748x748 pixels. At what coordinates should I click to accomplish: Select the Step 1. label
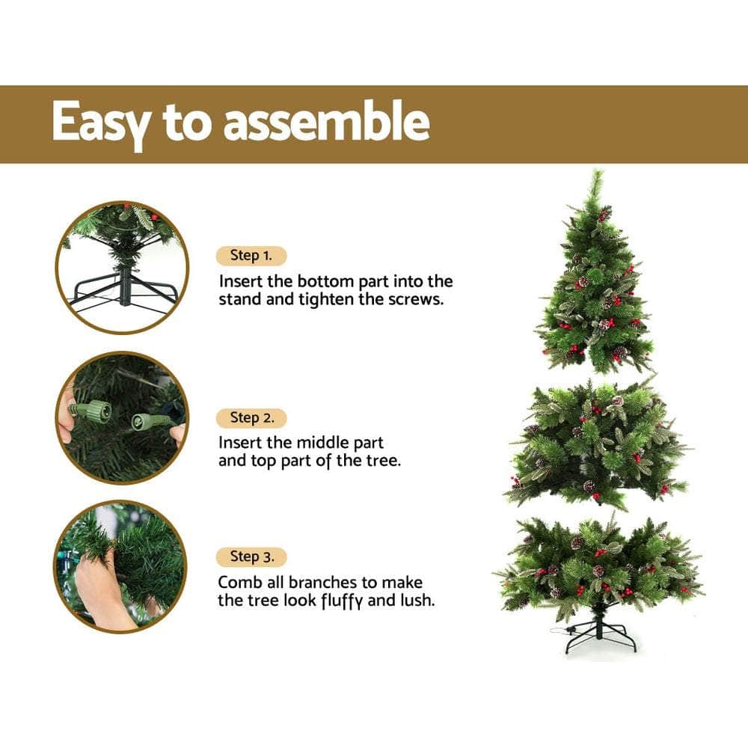click(251, 256)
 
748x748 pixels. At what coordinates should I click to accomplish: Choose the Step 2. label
click(251, 417)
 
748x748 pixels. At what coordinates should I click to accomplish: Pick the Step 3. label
click(251, 557)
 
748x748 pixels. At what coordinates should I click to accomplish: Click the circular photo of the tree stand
click(122, 267)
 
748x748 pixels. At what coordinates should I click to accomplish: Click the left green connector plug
click(94, 411)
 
